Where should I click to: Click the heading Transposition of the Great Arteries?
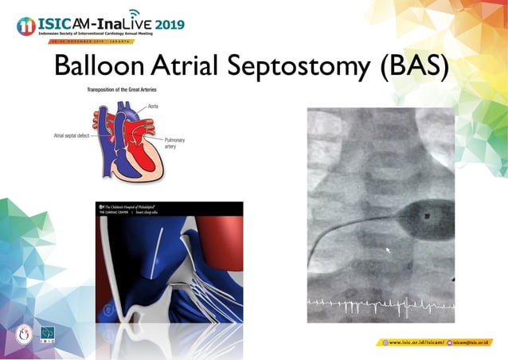pos(131,90)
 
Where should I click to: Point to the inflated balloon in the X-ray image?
pos(429,213)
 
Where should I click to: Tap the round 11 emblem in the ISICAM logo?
pos(25,25)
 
